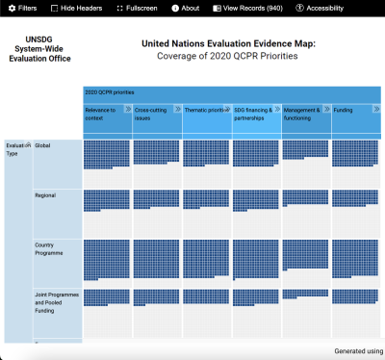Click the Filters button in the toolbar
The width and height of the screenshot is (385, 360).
pyautogui.click(x=23, y=8)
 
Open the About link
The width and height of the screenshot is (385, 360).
pyautogui.click(x=185, y=8)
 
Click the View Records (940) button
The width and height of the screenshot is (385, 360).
pyautogui.click(x=246, y=8)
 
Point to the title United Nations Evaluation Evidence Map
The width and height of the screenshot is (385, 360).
pyautogui.click(x=235, y=43)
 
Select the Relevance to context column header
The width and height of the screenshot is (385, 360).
pyautogui.click(x=103, y=116)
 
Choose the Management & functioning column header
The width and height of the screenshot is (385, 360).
pyautogui.click(x=302, y=116)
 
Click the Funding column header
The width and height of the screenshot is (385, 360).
pyautogui.click(x=351, y=112)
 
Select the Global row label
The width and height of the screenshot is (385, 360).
pyautogui.click(x=44, y=145)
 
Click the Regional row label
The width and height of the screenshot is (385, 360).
pyautogui.click(x=46, y=195)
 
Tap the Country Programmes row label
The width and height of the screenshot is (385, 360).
pyautogui.click(x=50, y=248)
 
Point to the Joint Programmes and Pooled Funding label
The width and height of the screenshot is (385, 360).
pyautogui.click(x=56, y=302)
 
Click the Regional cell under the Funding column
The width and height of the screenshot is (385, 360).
pyautogui.click(x=355, y=201)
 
